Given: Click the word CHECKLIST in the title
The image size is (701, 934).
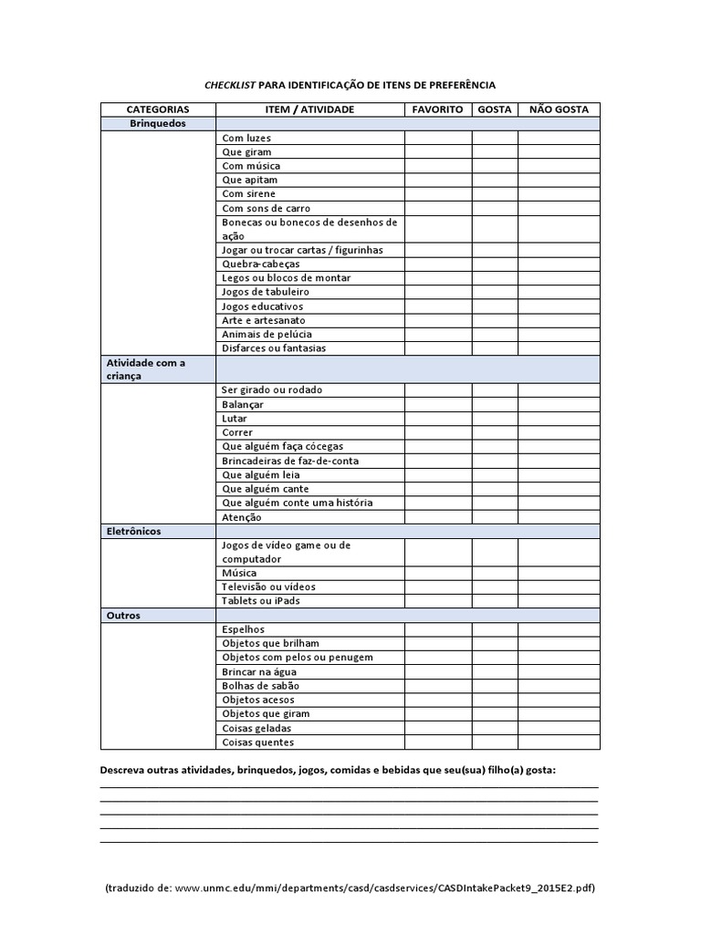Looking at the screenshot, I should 230,85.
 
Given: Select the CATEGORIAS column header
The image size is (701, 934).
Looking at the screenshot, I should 158,109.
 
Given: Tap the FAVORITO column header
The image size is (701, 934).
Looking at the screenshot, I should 438,109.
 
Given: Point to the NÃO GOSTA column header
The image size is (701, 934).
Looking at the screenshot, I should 559,109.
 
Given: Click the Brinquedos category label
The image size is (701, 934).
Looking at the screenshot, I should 157,123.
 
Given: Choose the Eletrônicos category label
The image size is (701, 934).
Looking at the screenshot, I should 133,531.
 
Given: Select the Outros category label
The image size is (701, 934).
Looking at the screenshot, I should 123,616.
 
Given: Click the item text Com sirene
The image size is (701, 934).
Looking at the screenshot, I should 248,194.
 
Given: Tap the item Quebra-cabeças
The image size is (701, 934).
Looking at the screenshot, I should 260,264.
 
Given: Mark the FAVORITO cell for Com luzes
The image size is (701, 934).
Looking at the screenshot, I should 438,138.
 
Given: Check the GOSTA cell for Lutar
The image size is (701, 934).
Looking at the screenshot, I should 495,419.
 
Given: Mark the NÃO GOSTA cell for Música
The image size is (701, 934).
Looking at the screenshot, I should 559,573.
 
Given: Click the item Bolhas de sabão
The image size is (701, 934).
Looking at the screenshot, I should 260,686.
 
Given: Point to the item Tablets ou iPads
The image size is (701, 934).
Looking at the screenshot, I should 260,601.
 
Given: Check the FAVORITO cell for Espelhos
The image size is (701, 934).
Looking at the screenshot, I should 438,629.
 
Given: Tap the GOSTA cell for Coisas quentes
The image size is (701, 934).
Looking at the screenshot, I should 495,742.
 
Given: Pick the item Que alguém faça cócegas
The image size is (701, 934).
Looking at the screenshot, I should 282,447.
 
